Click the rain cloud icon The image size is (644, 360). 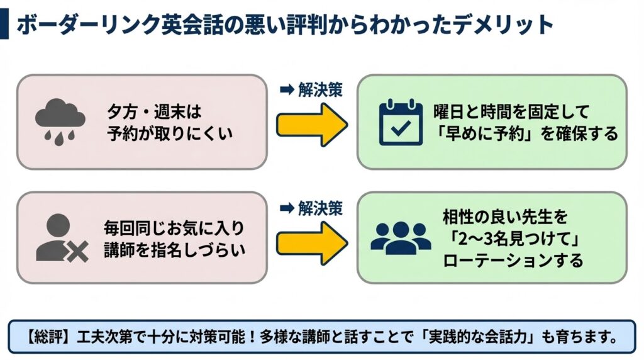point(60,121)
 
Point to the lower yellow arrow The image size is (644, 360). point(311,239)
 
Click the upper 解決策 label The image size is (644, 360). point(311,90)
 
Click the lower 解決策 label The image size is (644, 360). point(311,208)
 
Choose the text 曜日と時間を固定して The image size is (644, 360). point(511,112)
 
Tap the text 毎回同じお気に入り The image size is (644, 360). point(174,228)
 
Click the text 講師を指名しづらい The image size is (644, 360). point(174,250)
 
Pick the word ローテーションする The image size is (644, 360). point(513,260)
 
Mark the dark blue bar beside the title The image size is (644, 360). point(4,25)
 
